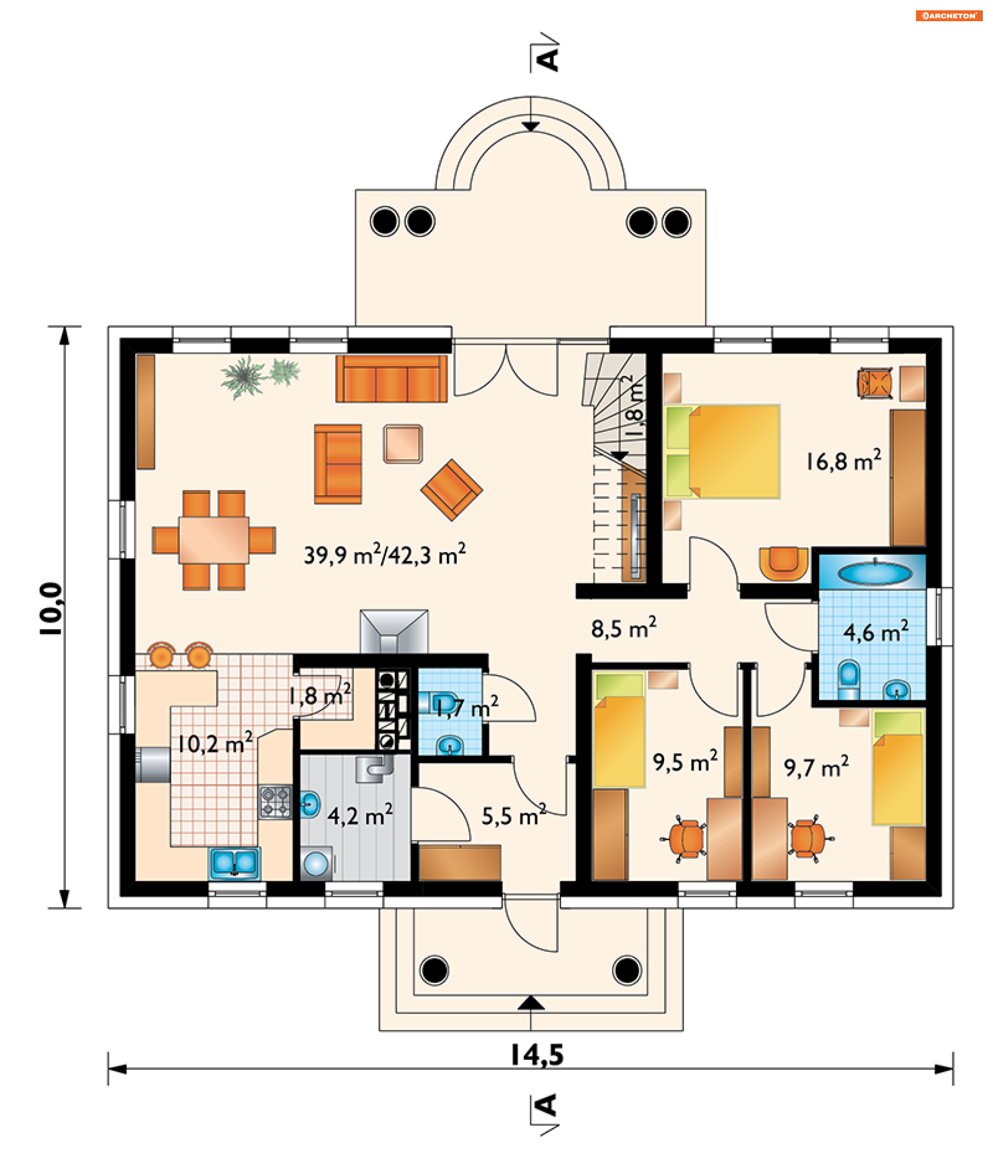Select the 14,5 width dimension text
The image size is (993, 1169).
tap(536, 1055)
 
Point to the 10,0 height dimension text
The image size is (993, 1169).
tap(51, 609)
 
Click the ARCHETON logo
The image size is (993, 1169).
tap(949, 16)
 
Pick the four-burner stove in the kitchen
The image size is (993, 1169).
tap(275, 801)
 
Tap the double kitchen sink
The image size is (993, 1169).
tap(235, 863)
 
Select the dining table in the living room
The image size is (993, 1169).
tap(214, 540)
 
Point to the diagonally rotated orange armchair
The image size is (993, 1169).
tap(452, 490)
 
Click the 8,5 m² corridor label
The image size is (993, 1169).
tap(624, 628)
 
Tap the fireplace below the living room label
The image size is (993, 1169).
tap(394, 631)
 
